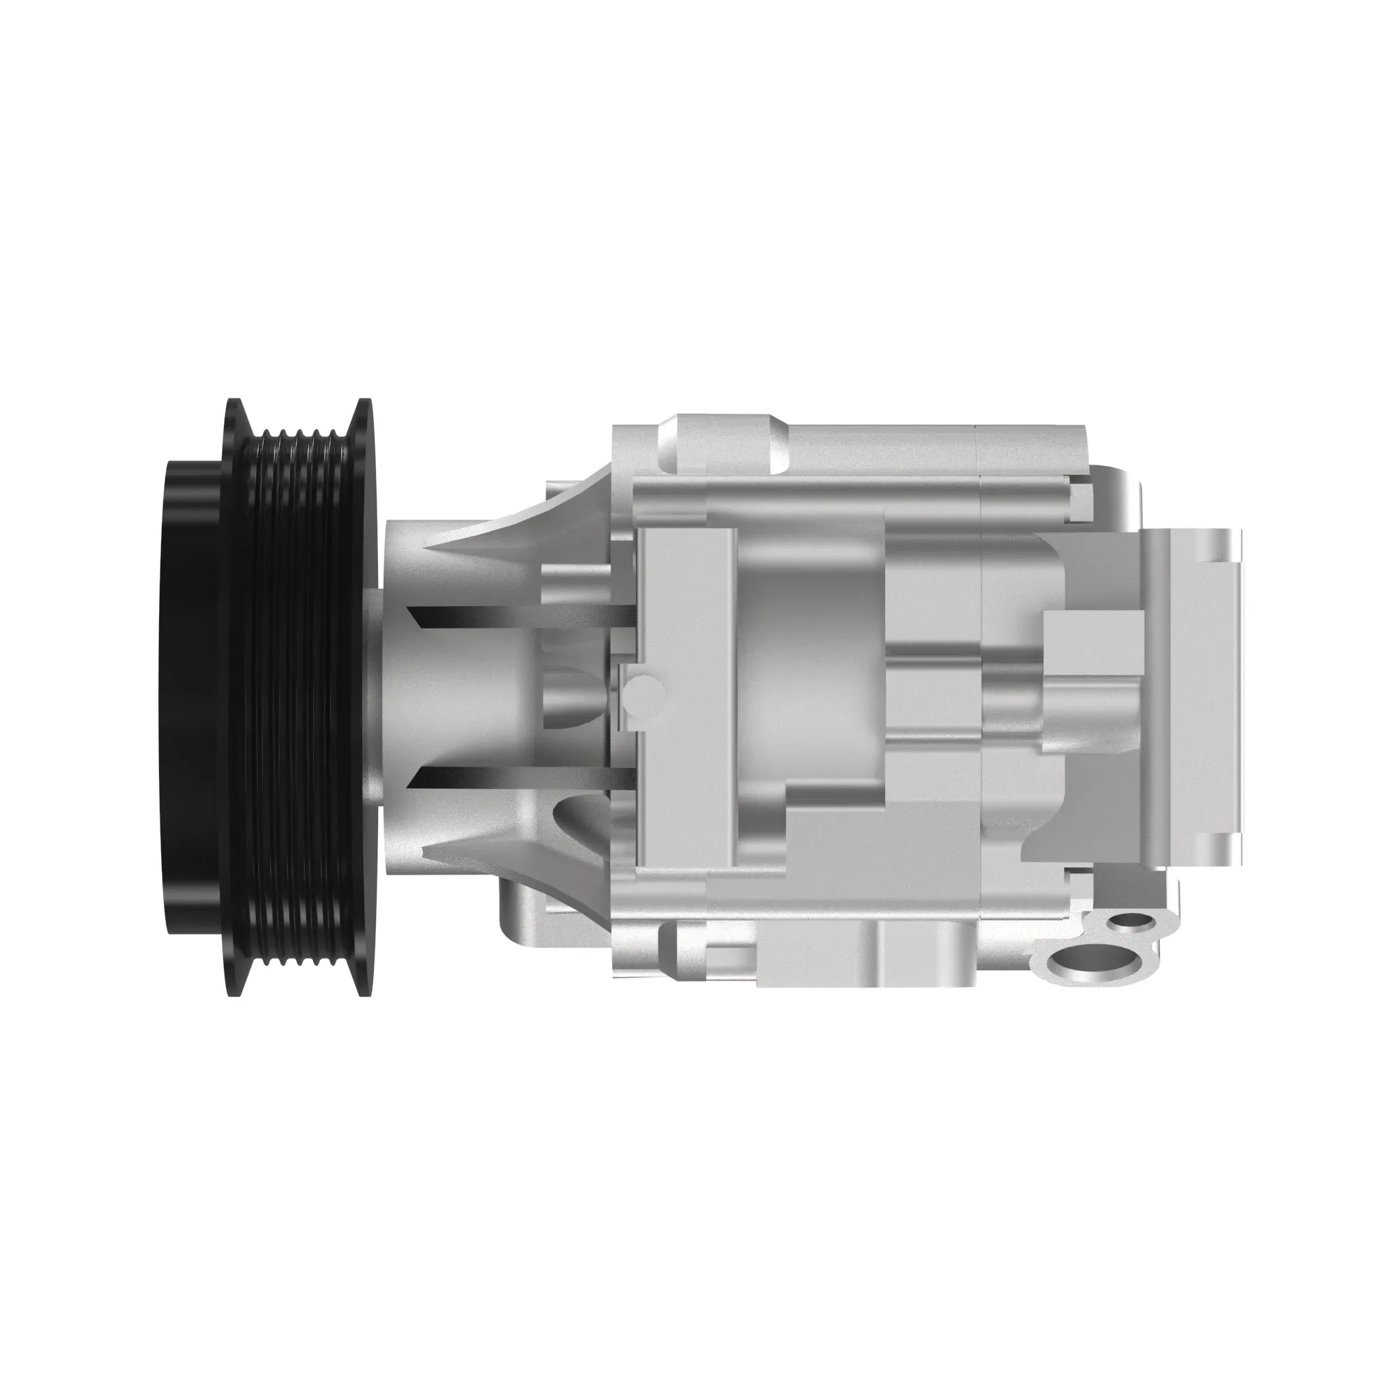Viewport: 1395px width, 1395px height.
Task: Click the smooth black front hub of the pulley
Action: pyautogui.click(x=191, y=697)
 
